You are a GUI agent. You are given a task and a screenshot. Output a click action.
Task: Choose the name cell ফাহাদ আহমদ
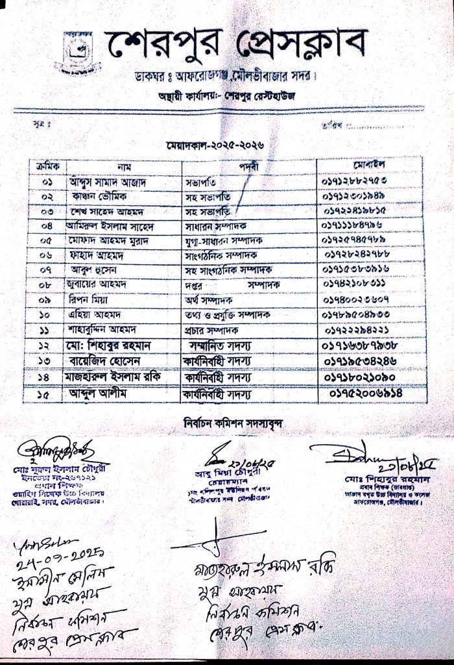[x=101, y=256]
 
